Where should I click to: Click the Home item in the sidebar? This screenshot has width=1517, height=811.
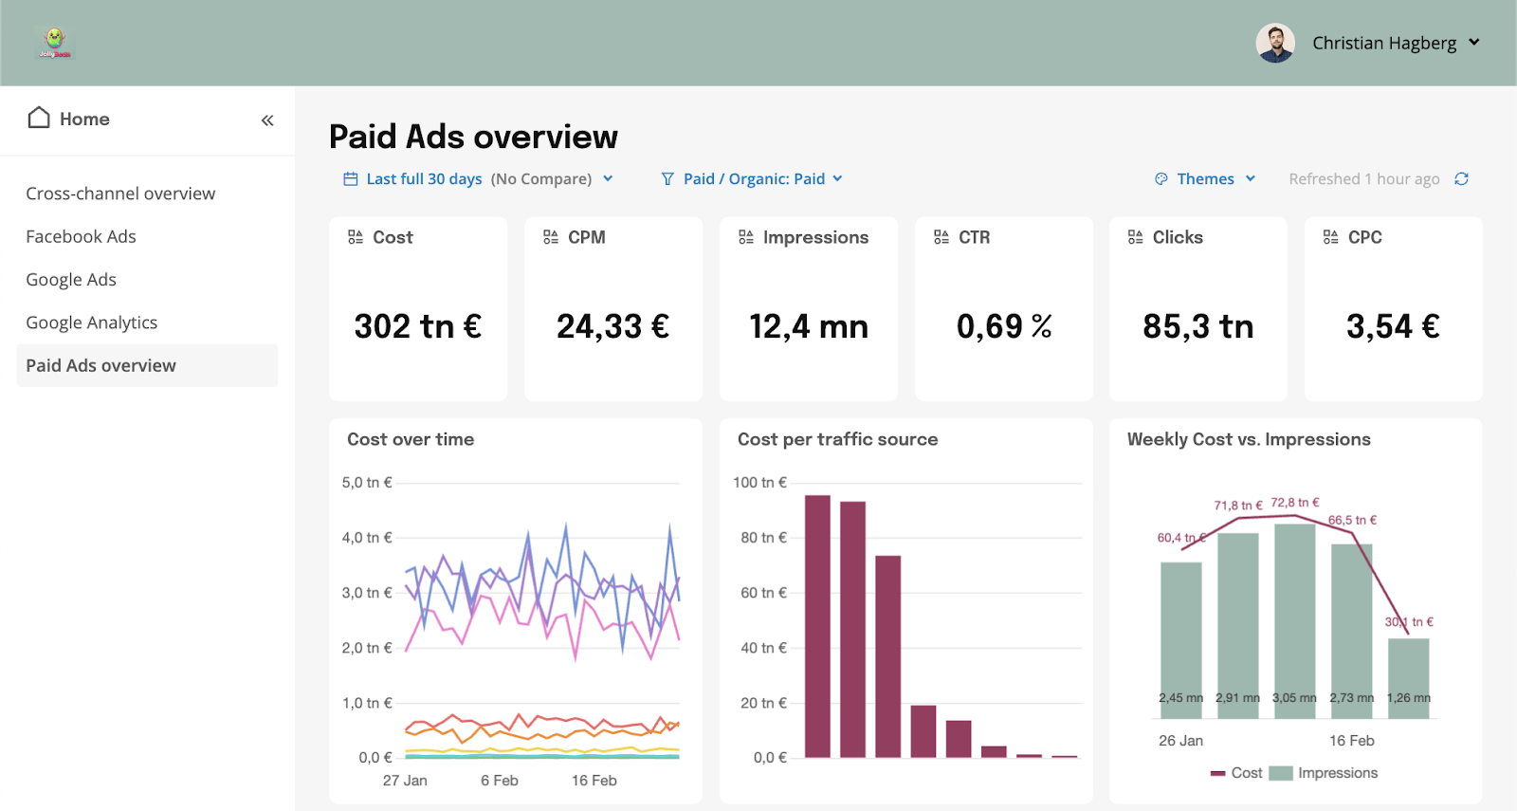click(x=69, y=119)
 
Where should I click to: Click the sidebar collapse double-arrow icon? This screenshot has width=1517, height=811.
click(x=267, y=120)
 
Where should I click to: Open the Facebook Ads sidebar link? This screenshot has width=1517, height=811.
click(x=81, y=236)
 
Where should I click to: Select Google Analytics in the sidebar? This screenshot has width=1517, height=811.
click(x=91, y=323)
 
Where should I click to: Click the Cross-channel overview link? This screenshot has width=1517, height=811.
click(x=120, y=194)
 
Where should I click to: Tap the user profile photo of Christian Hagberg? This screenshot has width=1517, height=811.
click(x=1275, y=43)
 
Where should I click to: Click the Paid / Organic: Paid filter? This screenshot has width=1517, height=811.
click(x=752, y=179)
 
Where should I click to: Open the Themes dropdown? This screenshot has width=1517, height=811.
click(x=1205, y=179)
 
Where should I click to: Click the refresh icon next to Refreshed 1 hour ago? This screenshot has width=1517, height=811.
click(x=1461, y=179)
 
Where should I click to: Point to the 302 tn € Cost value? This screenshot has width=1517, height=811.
click(x=417, y=326)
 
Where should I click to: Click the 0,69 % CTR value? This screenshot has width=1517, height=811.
click(x=1004, y=326)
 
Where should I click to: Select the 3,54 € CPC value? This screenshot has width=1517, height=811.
click(x=1393, y=326)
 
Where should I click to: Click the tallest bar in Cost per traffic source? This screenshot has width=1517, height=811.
click(x=817, y=626)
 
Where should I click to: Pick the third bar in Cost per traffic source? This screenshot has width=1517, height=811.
click(x=887, y=656)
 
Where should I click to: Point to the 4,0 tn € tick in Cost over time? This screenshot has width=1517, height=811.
click(x=366, y=538)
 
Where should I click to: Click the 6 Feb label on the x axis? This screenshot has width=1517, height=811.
click(x=499, y=781)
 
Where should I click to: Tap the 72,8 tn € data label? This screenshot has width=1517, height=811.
click(x=1295, y=503)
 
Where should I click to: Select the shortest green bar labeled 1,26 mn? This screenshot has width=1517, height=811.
click(x=1408, y=678)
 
